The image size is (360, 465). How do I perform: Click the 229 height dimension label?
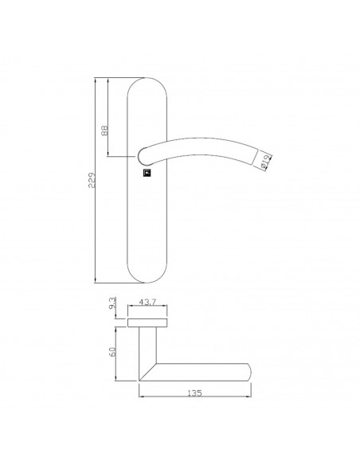click(92, 180)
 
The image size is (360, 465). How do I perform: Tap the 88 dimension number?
click(104, 131)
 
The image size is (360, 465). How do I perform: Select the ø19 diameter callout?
click(265, 162)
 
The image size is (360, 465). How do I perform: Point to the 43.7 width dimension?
click(147, 303)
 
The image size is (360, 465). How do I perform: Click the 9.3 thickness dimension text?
click(112, 303)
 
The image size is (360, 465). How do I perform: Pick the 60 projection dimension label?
click(112, 351)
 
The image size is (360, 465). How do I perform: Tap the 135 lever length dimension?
click(194, 393)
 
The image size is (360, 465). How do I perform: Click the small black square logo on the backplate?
click(147, 173)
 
